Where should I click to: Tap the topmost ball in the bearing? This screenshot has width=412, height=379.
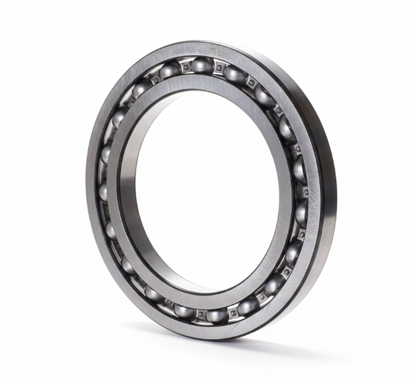202,65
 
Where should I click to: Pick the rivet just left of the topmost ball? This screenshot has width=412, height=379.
184,67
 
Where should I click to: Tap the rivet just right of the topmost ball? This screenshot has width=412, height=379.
219,68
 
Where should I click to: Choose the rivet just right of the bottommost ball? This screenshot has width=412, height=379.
234,312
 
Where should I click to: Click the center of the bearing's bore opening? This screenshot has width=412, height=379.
199,189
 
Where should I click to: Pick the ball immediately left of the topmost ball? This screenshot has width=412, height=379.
169,70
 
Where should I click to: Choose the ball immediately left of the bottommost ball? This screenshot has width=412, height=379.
183,310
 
